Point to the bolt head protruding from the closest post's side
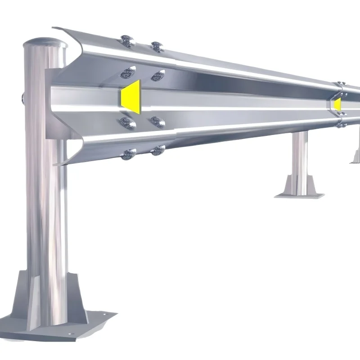(x=22, y=98)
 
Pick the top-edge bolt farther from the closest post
(x=156, y=46)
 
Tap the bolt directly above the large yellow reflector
(x=128, y=72)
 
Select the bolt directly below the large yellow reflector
(x=128, y=123)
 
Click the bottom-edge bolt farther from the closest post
(x=157, y=150)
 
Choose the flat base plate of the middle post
(x=299, y=195)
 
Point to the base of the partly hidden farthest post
(x=356, y=157)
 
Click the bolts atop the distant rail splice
(x=341, y=84)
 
